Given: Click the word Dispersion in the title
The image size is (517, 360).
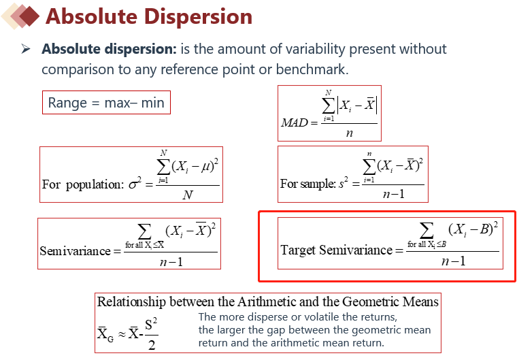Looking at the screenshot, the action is point(198,16).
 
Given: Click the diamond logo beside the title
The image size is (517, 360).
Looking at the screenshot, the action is point(21,16).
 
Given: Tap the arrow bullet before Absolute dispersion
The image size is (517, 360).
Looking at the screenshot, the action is point(25,49).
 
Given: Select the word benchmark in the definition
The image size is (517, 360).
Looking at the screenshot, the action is point(312,69).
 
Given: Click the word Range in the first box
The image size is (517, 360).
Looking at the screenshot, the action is point(67,103).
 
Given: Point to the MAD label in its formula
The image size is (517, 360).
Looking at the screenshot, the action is point(295,122).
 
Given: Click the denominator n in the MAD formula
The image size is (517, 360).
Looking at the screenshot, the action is point(350,133).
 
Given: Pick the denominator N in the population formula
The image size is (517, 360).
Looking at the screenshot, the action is point(188,195).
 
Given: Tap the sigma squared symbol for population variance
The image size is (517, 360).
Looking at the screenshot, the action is point(135,183).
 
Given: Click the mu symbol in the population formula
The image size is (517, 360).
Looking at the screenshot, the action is point(205,167).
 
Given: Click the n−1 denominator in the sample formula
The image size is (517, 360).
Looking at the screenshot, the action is point(394,194).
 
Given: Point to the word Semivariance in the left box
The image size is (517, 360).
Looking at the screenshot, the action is point(76,251).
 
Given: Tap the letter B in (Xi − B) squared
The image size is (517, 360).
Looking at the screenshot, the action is point(484,229).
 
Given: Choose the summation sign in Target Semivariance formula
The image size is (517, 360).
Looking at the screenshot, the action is point(427,230).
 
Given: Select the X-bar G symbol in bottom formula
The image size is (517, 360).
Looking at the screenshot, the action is point(105,334).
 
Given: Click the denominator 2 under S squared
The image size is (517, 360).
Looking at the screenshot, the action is point(152,345).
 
